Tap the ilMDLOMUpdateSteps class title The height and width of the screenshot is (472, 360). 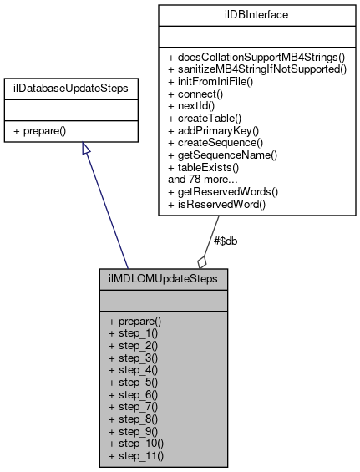point(163,277)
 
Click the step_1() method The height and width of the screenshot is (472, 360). point(133,333)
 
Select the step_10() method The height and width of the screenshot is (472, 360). point(135,444)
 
